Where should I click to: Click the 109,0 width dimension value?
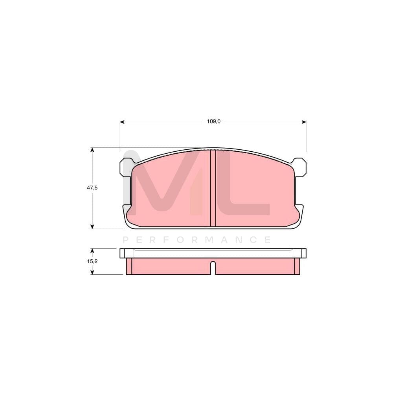214,122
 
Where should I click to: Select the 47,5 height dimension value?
92,188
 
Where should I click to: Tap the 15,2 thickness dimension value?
92,261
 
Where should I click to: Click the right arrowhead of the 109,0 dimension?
304,122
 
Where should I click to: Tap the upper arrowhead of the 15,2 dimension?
92,250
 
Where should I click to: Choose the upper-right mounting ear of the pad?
299,167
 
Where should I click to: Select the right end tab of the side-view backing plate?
303,253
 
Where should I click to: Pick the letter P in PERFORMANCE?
126,240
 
